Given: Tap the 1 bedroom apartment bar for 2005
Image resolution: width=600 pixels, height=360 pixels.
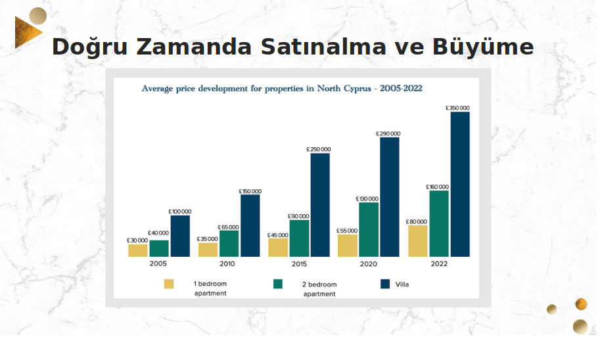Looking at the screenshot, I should (x=138, y=250).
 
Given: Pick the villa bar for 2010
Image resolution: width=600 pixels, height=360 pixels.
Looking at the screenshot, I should (x=250, y=225).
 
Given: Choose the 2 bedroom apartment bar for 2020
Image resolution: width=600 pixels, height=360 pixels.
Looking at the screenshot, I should (x=369, y=229).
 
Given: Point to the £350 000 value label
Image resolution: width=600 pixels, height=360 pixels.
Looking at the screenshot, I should (x=457, y=108).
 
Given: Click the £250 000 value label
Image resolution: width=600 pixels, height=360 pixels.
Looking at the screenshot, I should (x=318, y=149).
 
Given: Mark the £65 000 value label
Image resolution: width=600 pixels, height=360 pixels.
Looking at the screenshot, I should (x=228, y=227).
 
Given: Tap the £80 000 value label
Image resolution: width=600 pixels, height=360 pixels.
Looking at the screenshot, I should (x=416, y=221).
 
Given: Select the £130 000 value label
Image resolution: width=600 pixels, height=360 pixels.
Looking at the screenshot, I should (x=367, y=198).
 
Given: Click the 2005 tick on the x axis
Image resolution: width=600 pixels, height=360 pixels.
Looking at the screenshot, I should (x=158, y=264).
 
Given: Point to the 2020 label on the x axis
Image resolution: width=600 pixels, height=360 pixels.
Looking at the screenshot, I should (x=368, y=264).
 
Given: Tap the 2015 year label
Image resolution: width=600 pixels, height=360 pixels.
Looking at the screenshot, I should (x=299, y=264).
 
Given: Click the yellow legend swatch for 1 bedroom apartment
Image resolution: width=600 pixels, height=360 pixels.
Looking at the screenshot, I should (x=169, y=284).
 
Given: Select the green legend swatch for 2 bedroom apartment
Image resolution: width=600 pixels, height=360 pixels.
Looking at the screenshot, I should (x=278, y=284).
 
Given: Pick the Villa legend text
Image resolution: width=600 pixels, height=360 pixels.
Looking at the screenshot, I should (x=402, y=284).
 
